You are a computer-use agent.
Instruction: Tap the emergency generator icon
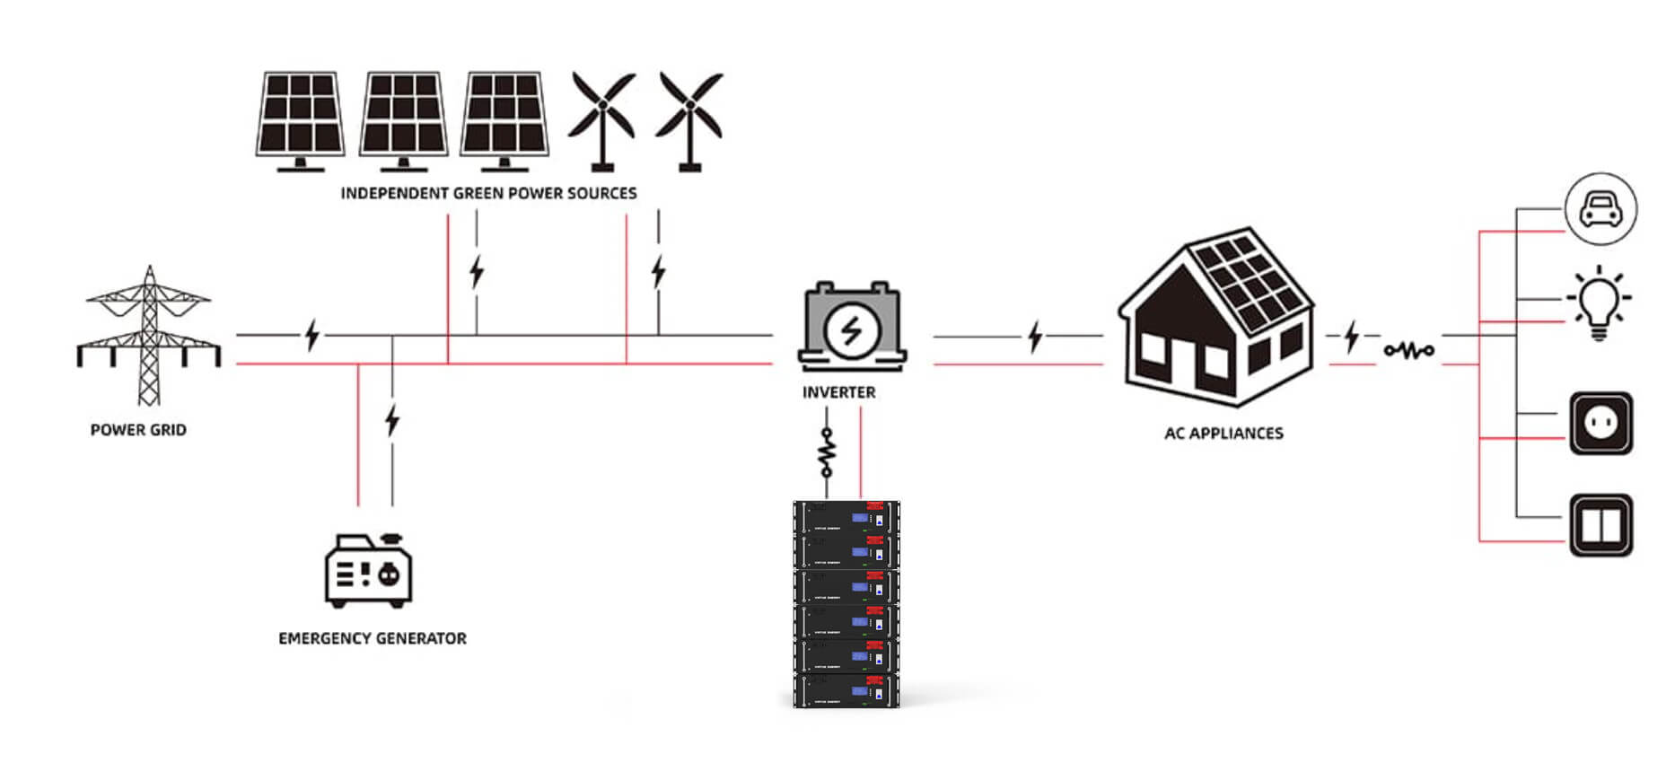coord(368,571)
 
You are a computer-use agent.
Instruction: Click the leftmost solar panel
coord(300,117)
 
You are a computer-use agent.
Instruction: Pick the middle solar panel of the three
coord(403,117)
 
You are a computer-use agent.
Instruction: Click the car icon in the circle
coord(1600,209)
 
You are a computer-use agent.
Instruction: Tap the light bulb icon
coord(1599,302)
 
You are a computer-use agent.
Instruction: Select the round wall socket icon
coord(1600,423)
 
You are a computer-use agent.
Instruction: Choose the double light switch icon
coord(1600,525)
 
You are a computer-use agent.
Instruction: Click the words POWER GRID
coord(138,430)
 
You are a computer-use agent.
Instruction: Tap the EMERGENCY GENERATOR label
coord(373,638)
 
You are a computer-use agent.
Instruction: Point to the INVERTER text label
coord(838,392)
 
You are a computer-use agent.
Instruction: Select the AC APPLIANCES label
coord(1223,434)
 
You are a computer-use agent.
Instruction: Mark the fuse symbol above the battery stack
coord(827,452)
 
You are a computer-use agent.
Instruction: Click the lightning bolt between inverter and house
coord(1035,337)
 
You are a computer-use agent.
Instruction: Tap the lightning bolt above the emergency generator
coord(391,420)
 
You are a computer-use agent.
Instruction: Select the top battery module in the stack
coord(846,518)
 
